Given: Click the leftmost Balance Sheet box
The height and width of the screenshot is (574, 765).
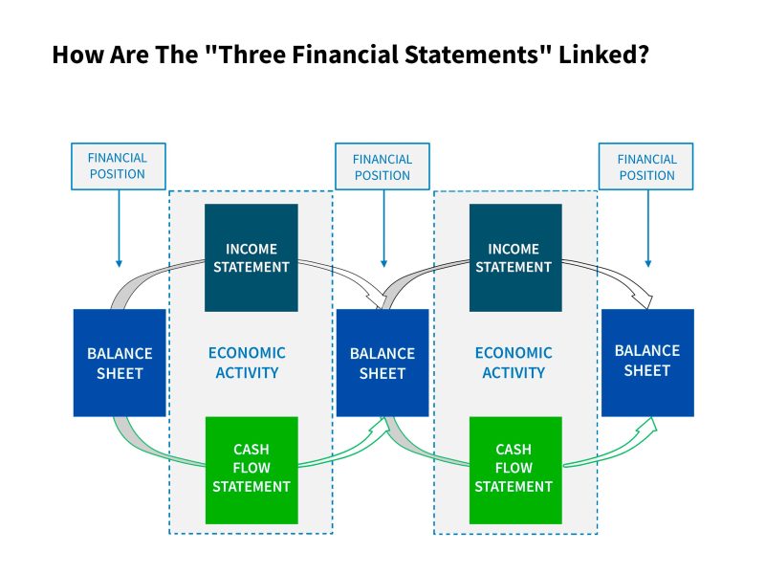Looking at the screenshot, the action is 120,363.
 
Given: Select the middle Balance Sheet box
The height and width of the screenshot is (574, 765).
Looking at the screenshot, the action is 382,363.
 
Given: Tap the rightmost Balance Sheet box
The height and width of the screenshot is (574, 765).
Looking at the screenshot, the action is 647,363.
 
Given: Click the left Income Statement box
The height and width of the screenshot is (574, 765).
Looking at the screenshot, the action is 251,257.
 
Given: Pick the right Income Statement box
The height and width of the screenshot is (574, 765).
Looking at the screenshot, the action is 515,257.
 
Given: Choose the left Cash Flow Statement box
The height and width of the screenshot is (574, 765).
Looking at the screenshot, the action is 251,470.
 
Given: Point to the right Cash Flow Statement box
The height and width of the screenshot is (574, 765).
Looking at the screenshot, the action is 515,470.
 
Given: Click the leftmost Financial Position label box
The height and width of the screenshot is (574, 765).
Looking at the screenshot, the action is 119,166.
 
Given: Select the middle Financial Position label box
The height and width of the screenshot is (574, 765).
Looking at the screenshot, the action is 382,166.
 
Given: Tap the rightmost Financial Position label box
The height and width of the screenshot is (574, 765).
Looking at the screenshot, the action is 646,166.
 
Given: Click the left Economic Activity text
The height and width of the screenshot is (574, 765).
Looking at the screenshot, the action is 247,363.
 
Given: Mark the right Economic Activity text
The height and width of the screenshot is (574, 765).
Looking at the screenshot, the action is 514,363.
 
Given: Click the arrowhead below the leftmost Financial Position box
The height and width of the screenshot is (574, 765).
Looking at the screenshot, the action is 119,264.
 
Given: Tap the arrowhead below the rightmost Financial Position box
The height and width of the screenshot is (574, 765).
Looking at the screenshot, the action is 648,264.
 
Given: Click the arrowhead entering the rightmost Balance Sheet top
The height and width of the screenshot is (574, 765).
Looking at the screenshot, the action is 644,299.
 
